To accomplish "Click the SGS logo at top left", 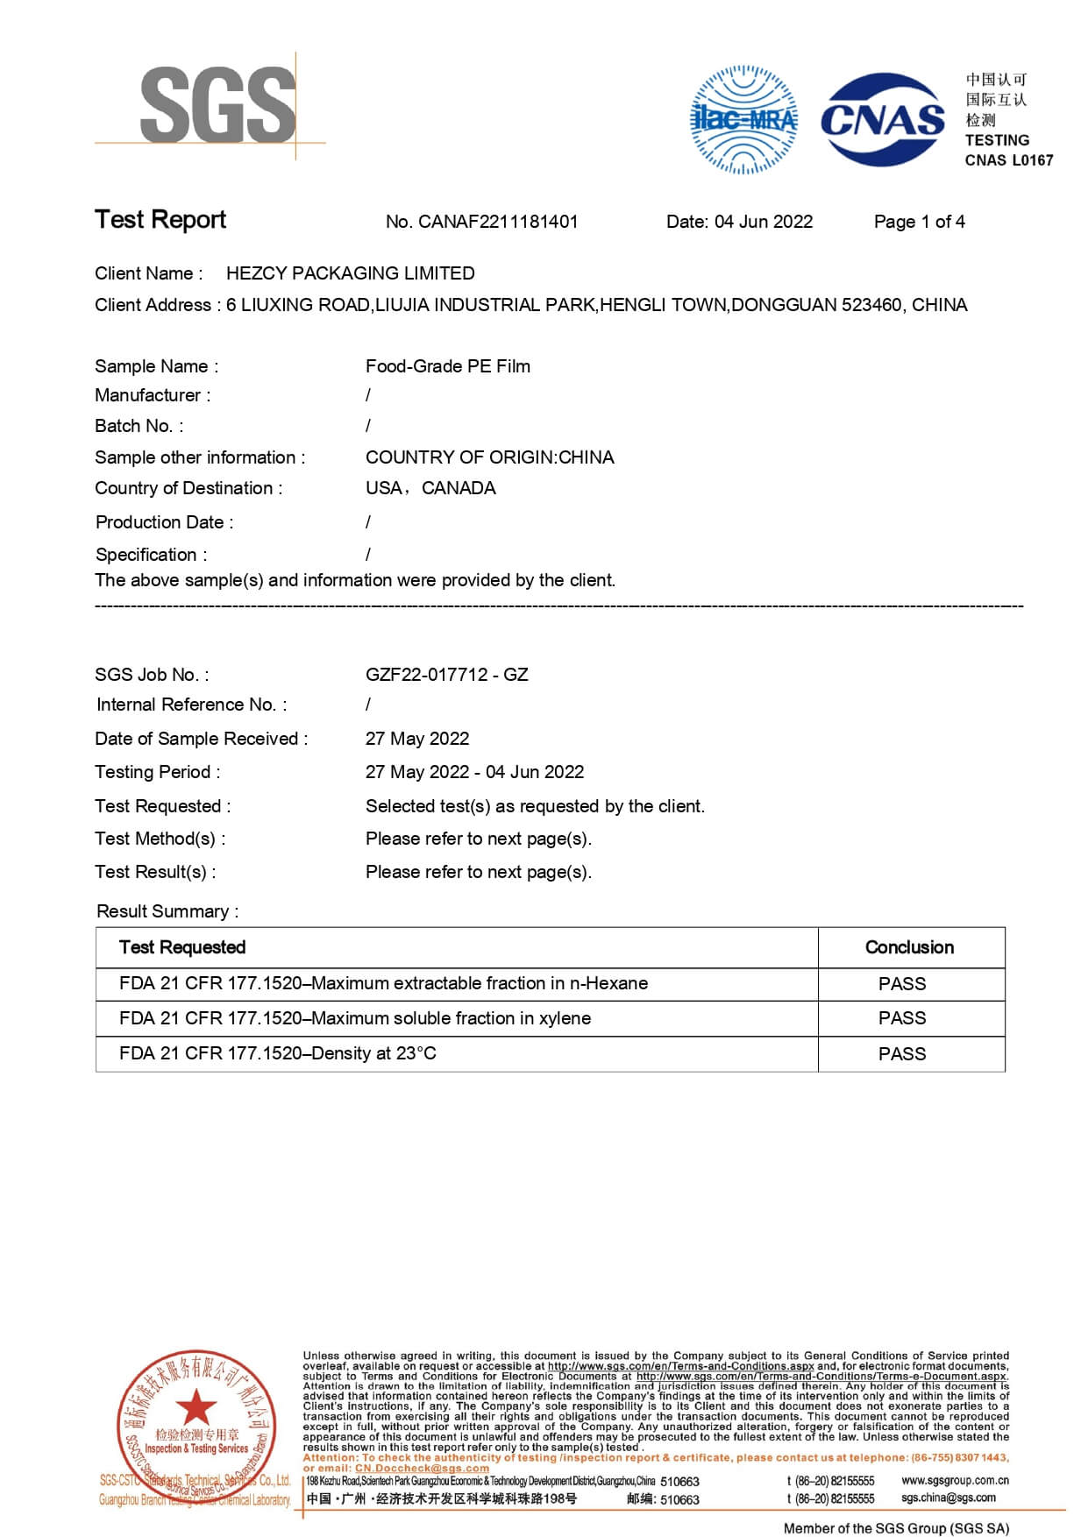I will click(x=217, y=105).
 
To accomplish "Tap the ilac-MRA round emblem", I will click(x=744, y=119).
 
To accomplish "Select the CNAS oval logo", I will click(x=883, y=119).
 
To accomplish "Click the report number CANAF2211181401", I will click(x=497, y=222).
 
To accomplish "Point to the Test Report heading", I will click(x=160, y=219).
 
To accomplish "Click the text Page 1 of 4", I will click(x=919, y=222).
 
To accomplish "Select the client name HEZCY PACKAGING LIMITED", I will click(x=350, y=273).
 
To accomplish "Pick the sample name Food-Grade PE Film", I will click(x=447, y=366).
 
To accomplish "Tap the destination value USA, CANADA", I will click(x=430, y=488).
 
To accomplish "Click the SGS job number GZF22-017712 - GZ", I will click(x=446, y=675).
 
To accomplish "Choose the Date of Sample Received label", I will click(x=201, y=739).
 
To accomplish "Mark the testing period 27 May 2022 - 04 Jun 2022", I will click(x=474, y=772).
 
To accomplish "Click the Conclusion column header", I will click(x=909, y=947).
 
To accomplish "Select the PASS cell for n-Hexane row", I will click(x=902, y=984).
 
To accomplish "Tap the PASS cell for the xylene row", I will click(x=902, y=1018).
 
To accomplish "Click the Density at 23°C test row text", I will click(x=277, y=1053).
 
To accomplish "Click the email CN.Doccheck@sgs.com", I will click(x=422, y=1468).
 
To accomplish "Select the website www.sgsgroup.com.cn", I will click(x=955, y=1480).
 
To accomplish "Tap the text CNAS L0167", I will click(x=1008, y=160).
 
